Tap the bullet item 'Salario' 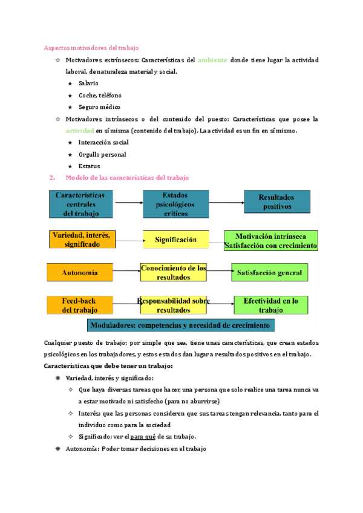click(88, 83)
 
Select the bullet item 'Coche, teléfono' click(100, 96)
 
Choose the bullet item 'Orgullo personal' click(102, 154)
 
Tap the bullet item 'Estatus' click(90, 166)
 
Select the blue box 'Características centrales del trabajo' click(80, 204)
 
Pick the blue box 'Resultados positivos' click(276, 202)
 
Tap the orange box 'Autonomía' click(80, 272)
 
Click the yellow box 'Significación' click(175, 240)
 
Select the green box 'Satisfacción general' click(270, 273)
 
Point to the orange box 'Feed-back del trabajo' click(80, 305)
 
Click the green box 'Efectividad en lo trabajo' click(270, 305)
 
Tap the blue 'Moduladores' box click(181, 325)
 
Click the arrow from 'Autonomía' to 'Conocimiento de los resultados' click(126, 272)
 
